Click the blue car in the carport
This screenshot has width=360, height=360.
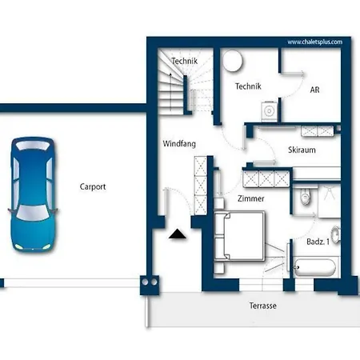tap(33, 194)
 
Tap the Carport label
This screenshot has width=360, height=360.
tap(93, 187)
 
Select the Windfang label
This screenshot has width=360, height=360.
tap(179, 144)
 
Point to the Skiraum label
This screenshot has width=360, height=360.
tap(302, 150)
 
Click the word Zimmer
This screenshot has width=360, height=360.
tap(251, 198)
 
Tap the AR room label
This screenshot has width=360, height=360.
tap(314, 90)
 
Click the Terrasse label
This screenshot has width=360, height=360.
tap(262, 306)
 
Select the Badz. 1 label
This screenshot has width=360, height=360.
tap(318, 242)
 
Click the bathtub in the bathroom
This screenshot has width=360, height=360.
tap(315, 267)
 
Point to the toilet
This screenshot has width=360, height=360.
tap(306, 197)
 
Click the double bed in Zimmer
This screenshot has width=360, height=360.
tap(239, 236)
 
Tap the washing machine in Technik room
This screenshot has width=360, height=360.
tap(270, 111)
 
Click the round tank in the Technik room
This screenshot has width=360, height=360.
tap(233, 61)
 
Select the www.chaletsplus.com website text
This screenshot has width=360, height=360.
tap(315, 42)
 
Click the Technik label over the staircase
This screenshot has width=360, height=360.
tap(185, 61)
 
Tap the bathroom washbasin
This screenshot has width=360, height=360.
tap(336, 234)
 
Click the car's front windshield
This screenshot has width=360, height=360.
tap(33, 213)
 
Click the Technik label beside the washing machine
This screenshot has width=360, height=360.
tap(248, 86)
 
